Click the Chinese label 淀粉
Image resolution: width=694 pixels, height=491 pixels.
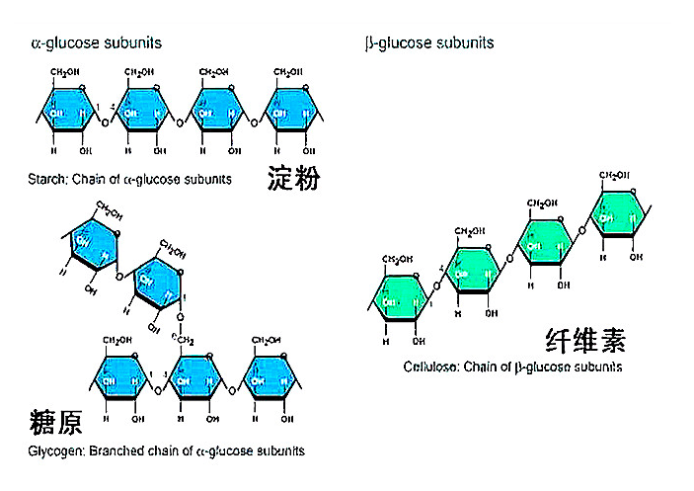(x=294, y=178)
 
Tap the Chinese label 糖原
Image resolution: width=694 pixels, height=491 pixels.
(x=55, y=423)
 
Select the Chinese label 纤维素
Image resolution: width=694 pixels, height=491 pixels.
(x=585, y=341)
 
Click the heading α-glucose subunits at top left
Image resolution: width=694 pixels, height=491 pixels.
(x=97, y=43)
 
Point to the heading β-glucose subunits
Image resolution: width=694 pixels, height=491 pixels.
(x=429, y=43)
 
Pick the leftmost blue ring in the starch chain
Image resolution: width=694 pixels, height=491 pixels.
(x=68, y=113)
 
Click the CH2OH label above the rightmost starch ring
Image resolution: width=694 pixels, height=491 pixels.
(x=287, y=72)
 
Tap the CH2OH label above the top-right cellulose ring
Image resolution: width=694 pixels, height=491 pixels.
(x=616, y=176)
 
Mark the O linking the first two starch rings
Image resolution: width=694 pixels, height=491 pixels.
(x=106, y=123)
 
